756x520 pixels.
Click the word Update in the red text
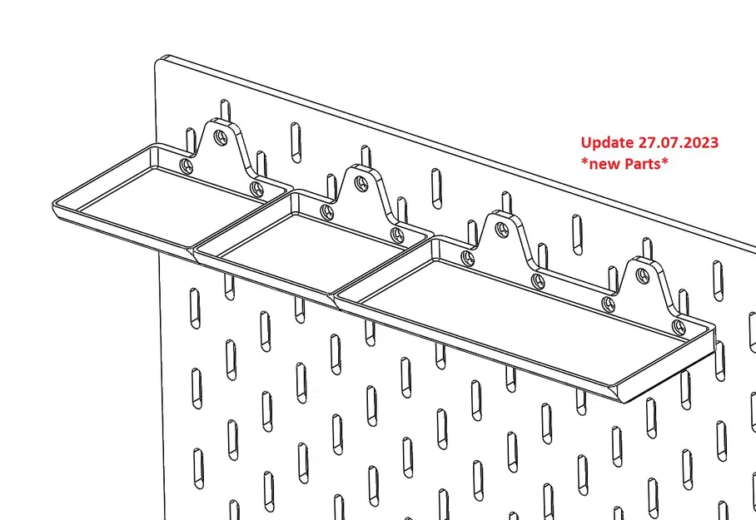click(x=605, y=142)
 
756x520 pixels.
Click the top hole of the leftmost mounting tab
click(x=220, y=134)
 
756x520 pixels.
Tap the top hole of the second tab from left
click(x=361, y=181)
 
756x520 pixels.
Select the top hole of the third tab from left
click(x=502, y=226)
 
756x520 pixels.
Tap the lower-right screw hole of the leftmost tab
click(x=255, y=187)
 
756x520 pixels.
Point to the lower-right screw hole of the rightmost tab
click(x=679, y=325)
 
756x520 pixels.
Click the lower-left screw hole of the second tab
click(x=326, y=212)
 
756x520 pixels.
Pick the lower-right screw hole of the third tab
click(x=538, y=280)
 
